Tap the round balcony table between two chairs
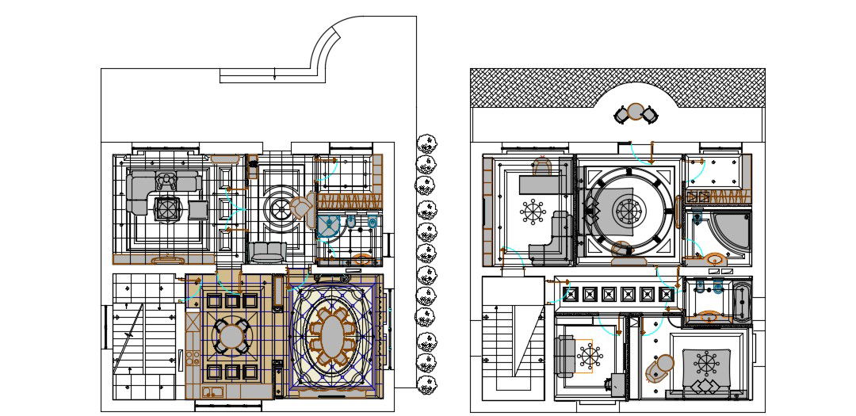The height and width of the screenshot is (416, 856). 636,113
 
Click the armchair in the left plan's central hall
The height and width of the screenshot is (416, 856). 301,208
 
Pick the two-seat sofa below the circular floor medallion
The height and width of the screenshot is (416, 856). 268,253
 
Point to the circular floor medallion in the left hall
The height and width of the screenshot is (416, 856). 280,209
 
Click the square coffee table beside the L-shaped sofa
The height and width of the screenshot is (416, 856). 167,209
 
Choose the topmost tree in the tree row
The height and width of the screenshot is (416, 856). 426,144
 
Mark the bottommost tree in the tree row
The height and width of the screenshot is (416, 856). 426,386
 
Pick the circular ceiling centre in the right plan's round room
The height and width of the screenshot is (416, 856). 629,212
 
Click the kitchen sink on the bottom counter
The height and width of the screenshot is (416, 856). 212,391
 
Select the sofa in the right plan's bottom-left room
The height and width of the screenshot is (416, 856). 566,355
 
